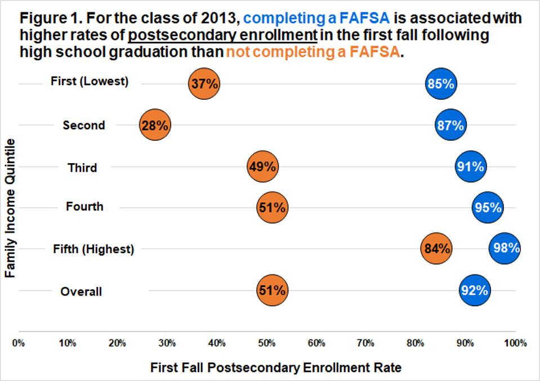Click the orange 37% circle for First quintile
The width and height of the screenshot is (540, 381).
204,84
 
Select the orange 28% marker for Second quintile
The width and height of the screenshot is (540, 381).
155,125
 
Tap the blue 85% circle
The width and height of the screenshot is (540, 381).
440,84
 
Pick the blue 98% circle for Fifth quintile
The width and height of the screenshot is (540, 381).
505,248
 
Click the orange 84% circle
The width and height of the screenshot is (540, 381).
436,248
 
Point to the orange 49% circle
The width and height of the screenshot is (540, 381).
262,167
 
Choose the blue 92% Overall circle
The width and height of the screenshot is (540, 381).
474,290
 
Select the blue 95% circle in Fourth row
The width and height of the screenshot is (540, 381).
488,207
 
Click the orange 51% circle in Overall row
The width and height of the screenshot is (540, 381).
272,290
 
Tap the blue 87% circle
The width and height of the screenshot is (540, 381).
450,125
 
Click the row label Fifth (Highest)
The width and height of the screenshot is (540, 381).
93,249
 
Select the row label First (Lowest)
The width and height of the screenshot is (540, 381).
90,82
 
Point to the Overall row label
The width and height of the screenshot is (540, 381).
81,292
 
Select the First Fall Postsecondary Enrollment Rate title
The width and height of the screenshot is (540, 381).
276,368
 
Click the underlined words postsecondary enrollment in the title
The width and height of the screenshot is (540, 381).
222,35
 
